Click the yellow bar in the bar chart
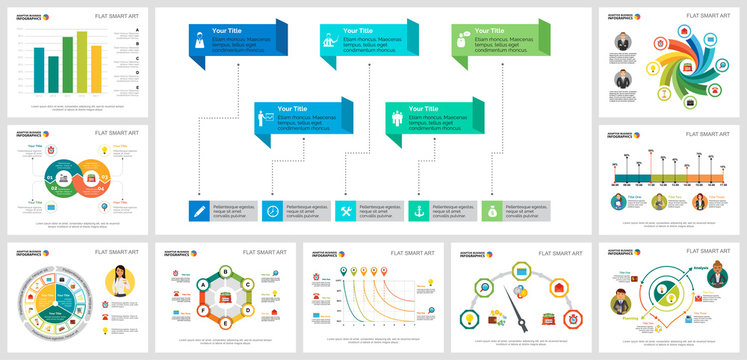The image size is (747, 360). point(96,68)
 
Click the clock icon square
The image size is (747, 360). point(272,211)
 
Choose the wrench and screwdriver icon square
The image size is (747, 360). point(345,211)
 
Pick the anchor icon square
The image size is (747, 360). point(419,211)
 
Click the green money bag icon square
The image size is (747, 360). point(492,211)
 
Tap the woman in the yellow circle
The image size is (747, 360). point(129,281)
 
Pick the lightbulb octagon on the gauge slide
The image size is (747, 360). point(467,317)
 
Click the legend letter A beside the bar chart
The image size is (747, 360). point(136,31)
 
